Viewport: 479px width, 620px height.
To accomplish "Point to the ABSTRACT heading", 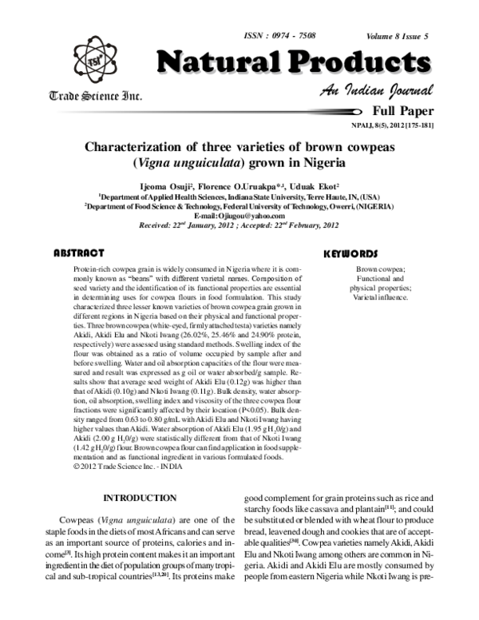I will pyautogui.click(x=79, y=252).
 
